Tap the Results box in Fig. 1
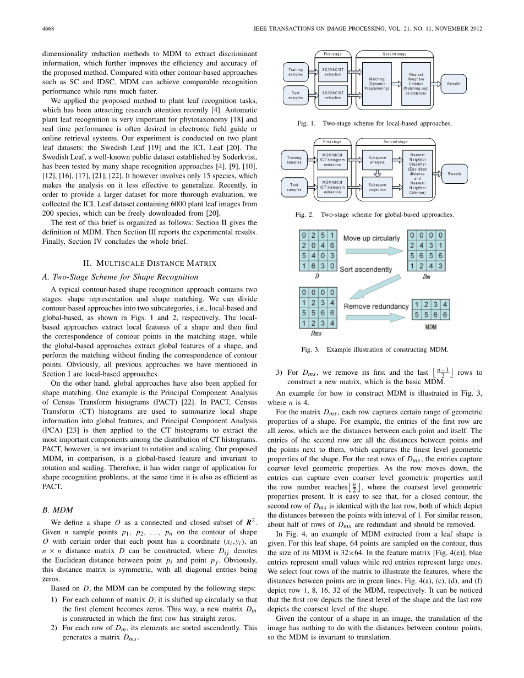(454, 84)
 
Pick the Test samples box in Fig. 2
(294, 187)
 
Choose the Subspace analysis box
(378, 160)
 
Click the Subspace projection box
(378, 187)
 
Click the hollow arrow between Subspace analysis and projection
(378, 173)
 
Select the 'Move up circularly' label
(372, 238)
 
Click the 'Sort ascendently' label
(365, 270)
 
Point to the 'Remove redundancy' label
(376, 306)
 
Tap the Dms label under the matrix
(316, 333)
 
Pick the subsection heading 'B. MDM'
(54, 510)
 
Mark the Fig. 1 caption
(374, 123)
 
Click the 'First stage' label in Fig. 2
(332, 142)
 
